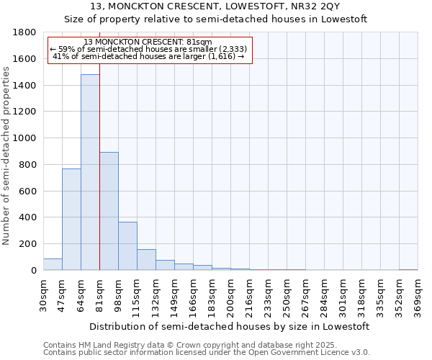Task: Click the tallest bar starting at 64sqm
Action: (x=90, y=173)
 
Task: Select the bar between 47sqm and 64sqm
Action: (x=71, y=220)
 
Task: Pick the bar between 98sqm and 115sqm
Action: (x=127, y=246)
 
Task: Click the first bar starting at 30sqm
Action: (x=53, y=264)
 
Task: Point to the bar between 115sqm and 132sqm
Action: (x=146, y=260)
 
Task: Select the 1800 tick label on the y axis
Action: (x=26, y=32)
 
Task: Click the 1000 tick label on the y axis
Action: (x=26, y=138)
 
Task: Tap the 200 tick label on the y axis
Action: (x=29, y=244)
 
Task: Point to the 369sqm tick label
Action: (x=418, y=297)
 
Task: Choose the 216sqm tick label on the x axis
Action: (x=249, y=297)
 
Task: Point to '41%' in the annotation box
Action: (x=60, y=57)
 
